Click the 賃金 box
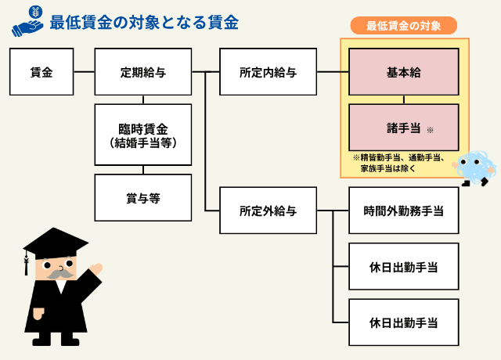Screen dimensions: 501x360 click(41, 71)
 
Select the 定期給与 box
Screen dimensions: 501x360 click(143, 71)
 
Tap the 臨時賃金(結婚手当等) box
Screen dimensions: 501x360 click(143, 135)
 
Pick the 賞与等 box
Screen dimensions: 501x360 click(143, 198)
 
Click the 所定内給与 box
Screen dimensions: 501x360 click(268, 71)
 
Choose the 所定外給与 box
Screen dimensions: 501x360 click(268, 211)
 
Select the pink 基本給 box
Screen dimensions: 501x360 click(404, 71)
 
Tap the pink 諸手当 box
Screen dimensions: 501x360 click(404, 127)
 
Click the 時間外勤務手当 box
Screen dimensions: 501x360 click(404, 211)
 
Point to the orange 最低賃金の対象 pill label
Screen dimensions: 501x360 click(404, 26)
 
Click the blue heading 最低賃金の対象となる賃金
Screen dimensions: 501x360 click(144, 23)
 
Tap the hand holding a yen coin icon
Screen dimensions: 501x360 click(28, 21)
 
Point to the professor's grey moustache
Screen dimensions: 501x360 click(60, 274)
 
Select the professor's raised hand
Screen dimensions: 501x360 click(96, 268)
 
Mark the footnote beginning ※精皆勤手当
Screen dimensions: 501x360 click(398, 163)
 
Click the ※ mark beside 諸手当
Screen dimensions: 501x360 click(430, 130)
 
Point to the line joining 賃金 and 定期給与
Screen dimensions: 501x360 click(84, 71)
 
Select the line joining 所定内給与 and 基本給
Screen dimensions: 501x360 click(333, 71)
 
